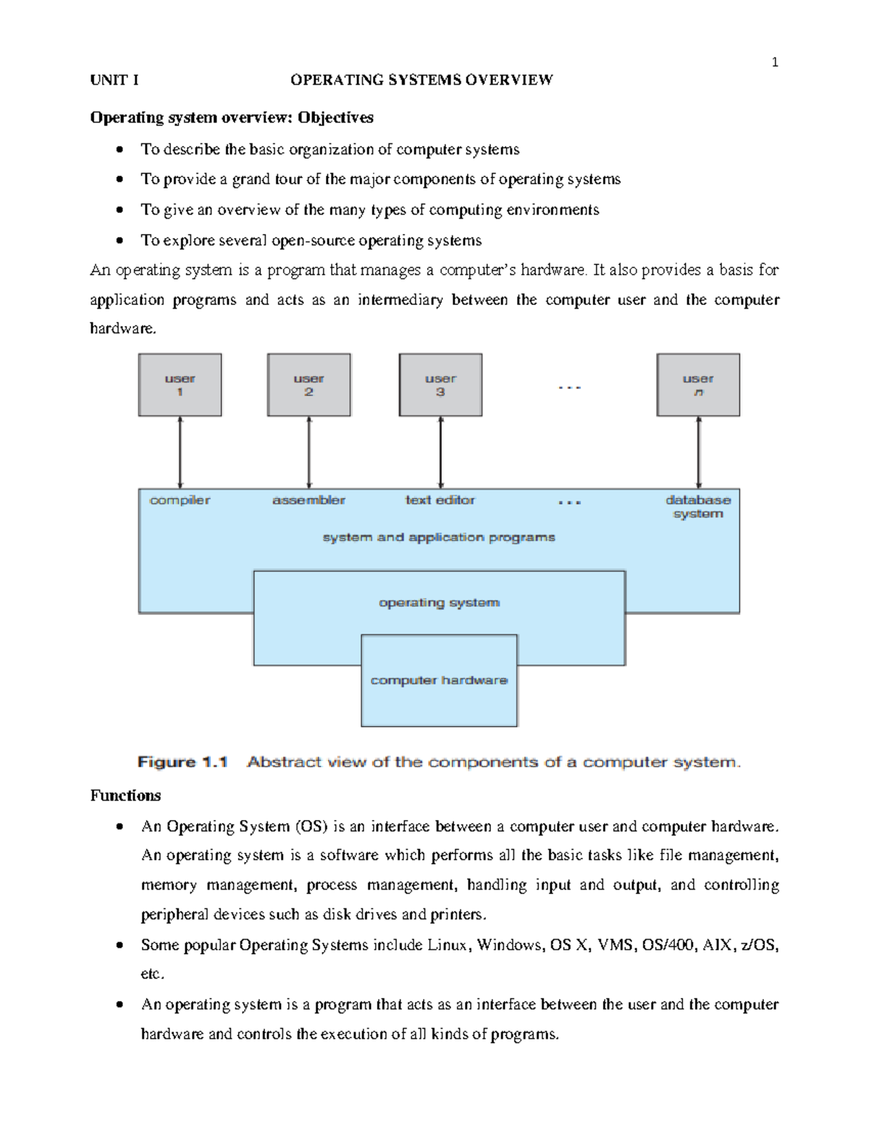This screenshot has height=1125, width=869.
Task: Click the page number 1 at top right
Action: click(775, 63)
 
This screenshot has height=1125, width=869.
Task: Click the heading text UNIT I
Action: click(114, 80)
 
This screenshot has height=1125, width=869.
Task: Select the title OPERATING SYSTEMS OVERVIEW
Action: click(421, 80)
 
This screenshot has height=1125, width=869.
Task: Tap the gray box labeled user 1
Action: click(180, 385)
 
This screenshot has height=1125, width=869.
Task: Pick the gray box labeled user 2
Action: click(308, 385)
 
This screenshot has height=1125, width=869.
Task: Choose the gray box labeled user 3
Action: click(440, 385)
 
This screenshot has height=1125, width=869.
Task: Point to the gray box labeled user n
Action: click(698, 385)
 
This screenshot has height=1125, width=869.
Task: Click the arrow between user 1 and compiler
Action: click(180, 452)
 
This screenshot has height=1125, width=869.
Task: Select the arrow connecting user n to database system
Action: click(699, 452)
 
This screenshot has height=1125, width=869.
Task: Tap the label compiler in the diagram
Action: click(180, 500)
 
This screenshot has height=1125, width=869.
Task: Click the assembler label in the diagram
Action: click(308, 500)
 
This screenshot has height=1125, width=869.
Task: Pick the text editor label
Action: click(440, 500)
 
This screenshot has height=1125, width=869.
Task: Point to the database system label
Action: click(698, 506)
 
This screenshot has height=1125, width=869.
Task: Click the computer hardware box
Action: click(439, 680)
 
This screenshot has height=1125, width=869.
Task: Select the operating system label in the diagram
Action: click(439, 603)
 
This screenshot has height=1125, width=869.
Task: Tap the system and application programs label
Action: click(439, 538)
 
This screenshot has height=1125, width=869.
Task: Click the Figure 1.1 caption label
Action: click(182, 762)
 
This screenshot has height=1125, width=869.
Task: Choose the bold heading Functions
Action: click(125, 795)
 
